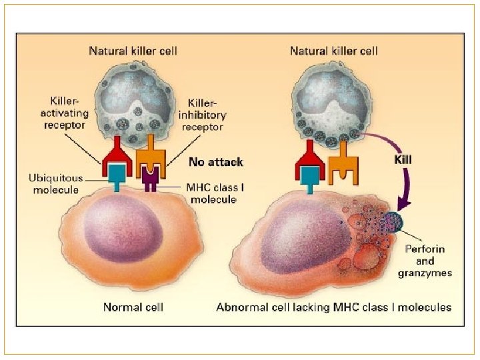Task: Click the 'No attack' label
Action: pyautogui.click(x=216, y=161)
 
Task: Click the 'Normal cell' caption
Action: pyautogui.click(x=133, y=307)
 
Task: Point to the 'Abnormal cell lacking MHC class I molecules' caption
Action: pyautogui.click(x=334, y=307)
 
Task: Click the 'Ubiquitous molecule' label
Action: pyautogui.click(x=57, y=184)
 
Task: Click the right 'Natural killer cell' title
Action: pyautogui.click(x=334, y=51)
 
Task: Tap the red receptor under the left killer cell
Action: pyautogui.click(x=119, y=155)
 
